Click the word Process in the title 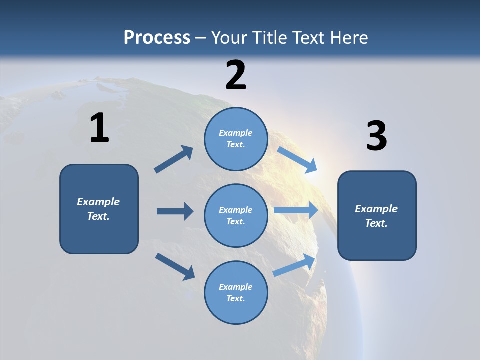(x=157, y=37)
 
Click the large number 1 (x=99, y=128)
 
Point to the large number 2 (x=236, y=75)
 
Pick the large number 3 (x=376, y=136)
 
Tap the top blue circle (x=236, y=139)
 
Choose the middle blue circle (x=236, y=216)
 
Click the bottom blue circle (x=236, y=293)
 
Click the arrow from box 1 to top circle (x=174, y=159)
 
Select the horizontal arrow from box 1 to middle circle (x=175, y=211)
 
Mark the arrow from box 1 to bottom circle (x=175, y=266)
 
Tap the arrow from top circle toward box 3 (x=298, y=159)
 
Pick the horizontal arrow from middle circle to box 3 (x=296, y=210)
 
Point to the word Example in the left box (x=98, y=202)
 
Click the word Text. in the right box (x=376, y=223)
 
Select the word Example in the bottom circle (x=236, y=287)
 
